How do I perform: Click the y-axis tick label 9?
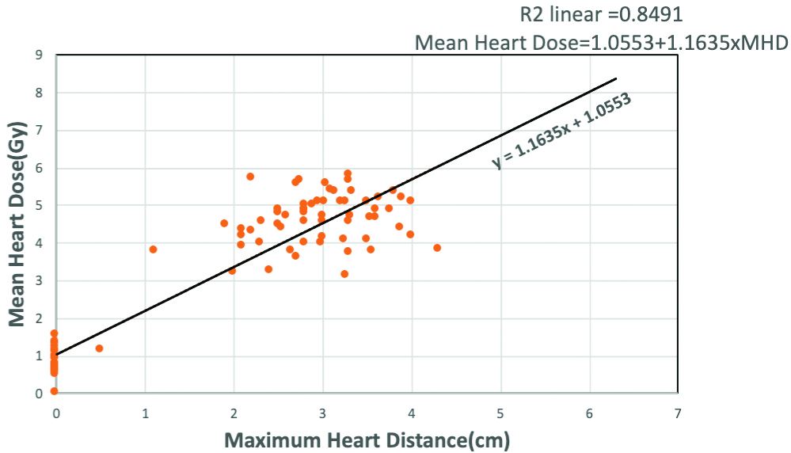(39, 55)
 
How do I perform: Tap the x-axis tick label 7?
(678, 413)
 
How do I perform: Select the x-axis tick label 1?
(145, 413)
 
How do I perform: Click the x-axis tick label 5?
(500, 413)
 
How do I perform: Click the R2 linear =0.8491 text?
(601, 14)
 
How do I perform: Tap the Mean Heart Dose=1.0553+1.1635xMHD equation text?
(601, 43)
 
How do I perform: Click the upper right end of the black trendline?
(616, 78)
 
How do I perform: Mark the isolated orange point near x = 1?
(154, 249)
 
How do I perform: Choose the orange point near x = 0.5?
(99, 348)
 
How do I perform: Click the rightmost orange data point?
(437, 248)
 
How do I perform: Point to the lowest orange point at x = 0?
(54, 391)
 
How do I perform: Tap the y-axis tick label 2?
(39, 318)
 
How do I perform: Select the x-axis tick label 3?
(322, 413)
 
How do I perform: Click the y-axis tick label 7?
(39, 131)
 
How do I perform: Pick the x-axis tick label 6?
(589, 413)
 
